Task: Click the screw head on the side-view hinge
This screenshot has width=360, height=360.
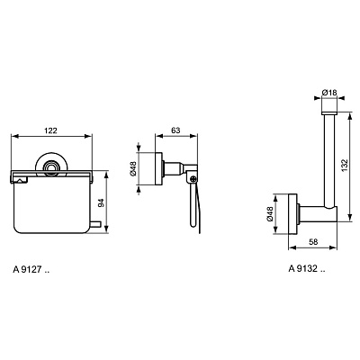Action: click(x=192, y=179)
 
